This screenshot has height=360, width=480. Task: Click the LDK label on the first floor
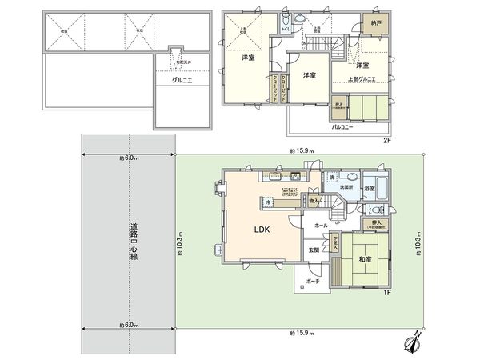click(262, 230)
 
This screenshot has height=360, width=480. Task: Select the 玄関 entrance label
click(314, 250)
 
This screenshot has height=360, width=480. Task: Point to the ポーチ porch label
click(313, 282)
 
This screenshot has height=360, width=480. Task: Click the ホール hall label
click(321, 226)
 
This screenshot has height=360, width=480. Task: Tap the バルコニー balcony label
click(345, 126)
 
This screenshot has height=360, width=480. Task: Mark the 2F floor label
click(386, 141)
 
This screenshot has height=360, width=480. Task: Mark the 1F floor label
click(386, 294)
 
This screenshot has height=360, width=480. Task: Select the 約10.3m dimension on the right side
click(418, 239)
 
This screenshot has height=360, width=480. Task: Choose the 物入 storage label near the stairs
click(314, 201)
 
